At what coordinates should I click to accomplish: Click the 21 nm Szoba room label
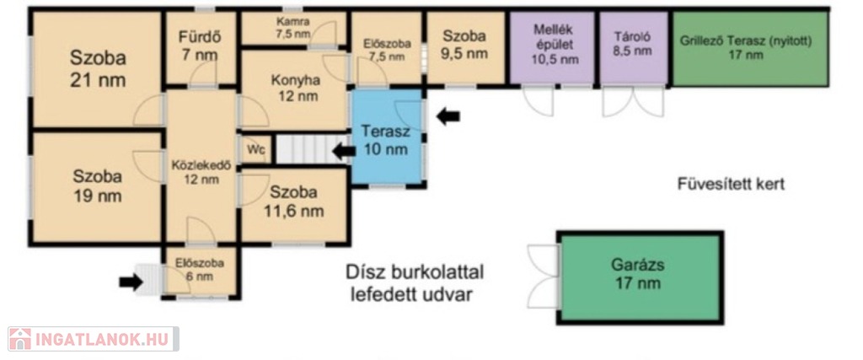pyautogui.click(x=98, y=69)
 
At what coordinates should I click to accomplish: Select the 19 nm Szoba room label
pyautogui.click(x=98, y=186)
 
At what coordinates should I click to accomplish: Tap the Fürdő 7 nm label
pyautogui.click(x=199, y=46)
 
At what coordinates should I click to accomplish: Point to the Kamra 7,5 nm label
pyautogui.click(x=293, y=28)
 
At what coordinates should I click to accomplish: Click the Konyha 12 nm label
pyautogui.click(x=296, y=88)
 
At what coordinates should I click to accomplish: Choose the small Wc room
pyautogui.click(x=255, y=149)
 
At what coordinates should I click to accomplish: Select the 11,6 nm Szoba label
pyautogui.click(x=293, y=201)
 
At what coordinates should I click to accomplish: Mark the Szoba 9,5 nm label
pyautogui.click(x=465, y=45)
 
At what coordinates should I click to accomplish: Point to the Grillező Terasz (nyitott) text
pyautogui.click(x=746, y=40)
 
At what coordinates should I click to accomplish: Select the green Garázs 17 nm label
pyautogui.click(x=638, y=273)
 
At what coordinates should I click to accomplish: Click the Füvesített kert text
pyautogui.click(x=731, y=184)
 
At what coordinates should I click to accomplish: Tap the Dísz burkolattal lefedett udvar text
pyautogui.click(x=415, y=283)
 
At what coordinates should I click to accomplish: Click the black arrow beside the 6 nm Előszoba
pyautogui.click(x=131, y=282)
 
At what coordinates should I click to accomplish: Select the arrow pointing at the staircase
pyautogui.click(x=344, y=151)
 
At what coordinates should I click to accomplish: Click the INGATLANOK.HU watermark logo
pyautogui.click(x=93, y=339)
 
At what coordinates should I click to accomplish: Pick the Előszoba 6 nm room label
pyautogui.click(x=199, y=269)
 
